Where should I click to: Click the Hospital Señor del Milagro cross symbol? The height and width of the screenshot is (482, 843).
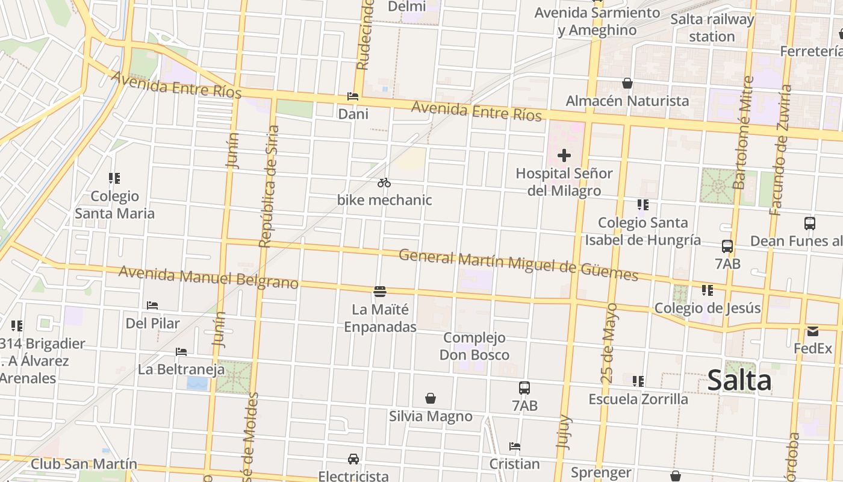[x=564, y=156]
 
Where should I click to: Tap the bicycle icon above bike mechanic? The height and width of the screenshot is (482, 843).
[x=384, y=183]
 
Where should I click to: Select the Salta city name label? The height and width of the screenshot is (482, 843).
[x=739, y=381]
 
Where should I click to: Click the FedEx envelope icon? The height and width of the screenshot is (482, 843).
[x=813, y=331]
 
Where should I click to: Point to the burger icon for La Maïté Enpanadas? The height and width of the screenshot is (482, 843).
[x=379, y=292]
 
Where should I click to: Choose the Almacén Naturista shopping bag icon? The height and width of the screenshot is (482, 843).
[x=627, y=83]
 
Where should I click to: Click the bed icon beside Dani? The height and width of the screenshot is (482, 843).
[x=353, y=96]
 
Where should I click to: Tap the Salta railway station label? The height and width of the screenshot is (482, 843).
[x=712, y=28]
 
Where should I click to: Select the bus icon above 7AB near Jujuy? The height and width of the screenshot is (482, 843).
[x=524, y=388]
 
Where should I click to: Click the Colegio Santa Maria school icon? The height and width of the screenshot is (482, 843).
[x=114, y=178]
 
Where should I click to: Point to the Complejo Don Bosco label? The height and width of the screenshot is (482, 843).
[x=474, y=346]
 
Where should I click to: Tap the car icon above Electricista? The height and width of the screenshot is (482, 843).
[x=353, y=459]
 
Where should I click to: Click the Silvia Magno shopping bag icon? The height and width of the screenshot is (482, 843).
[x=431, y=398]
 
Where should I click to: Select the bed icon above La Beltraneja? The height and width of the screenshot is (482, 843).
[x=181, y=352]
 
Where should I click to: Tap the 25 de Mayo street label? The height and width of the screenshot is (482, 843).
[x=609, y=343]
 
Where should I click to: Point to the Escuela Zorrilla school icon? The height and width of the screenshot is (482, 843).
[x=638, y=381]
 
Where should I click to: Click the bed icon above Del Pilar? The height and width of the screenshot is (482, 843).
[x=152, y=305]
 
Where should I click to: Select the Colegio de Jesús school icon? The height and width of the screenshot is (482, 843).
[x=708, y=290]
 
